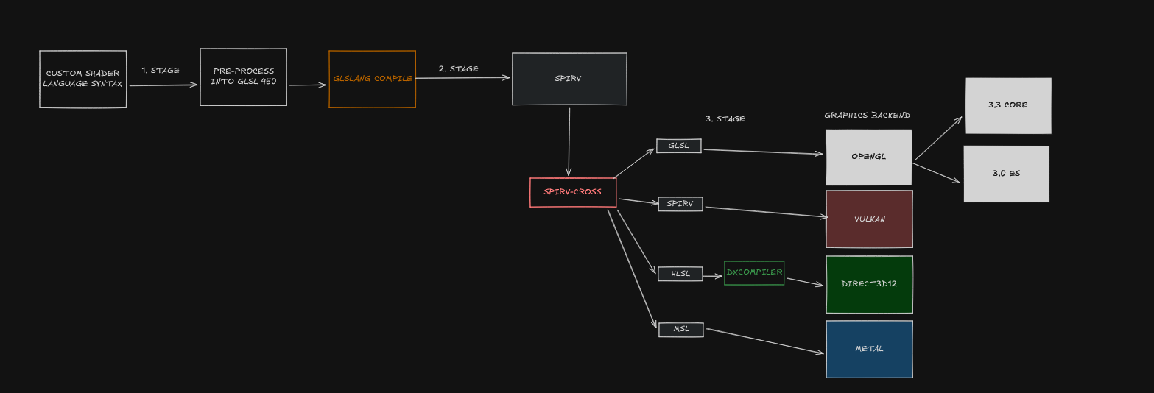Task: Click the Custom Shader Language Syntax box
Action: click(82, 79)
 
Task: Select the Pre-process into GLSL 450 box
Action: click(243, 77)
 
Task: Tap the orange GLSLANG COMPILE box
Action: click(372, 79)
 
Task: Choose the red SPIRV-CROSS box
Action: click(573, 192)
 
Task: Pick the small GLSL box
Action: click(678, 146)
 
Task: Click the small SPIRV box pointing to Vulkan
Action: click(680, 204)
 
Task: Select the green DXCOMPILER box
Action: click(754, 272)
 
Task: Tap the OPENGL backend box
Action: click(868, 157)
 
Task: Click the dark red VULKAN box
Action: click(869, 219)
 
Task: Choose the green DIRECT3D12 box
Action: click(869, 284)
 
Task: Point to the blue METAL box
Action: click(869, 349)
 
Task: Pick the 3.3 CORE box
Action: click(1007, 105)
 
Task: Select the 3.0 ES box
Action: click(1006, 174)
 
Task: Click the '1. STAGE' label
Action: click(161, 71)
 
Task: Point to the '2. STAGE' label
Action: click(458, 69)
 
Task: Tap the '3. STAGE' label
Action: click(725, 118)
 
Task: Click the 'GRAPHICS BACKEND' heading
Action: click(867, 116)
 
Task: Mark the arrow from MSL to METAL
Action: click(764, 341)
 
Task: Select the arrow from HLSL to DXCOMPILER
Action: click(713, 277)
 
